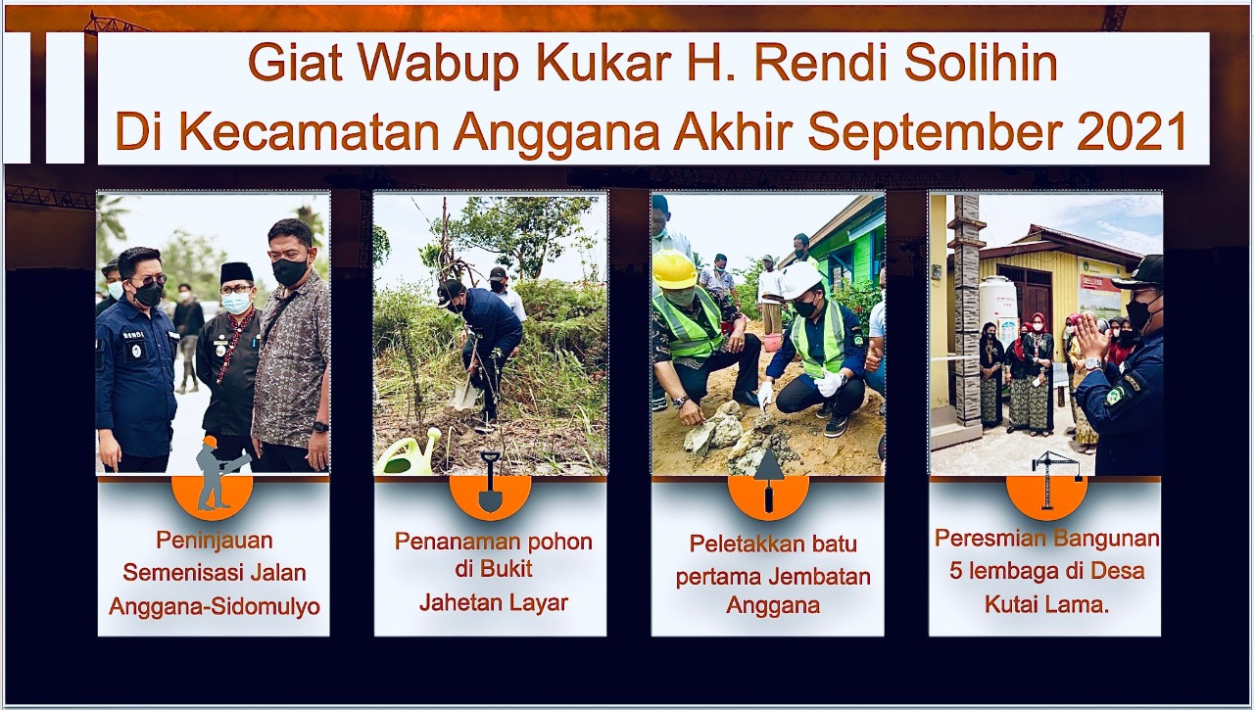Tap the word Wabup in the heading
(x=438, y=62)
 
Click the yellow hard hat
(x=674, y=269)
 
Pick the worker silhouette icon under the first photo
(x=218, y=473)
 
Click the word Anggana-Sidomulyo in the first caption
(x=215, y=606)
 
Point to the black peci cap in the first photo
(x=236, y=273)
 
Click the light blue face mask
(x=236, y=304)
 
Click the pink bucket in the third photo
(x=773, y=342)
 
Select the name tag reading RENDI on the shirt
(x=134, y=335)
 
